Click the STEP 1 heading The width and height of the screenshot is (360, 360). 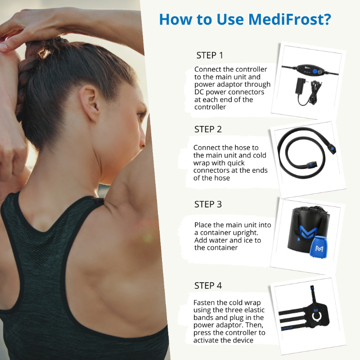point(210,55)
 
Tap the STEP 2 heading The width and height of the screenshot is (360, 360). point(208,129)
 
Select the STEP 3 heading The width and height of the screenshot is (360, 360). point(208,204)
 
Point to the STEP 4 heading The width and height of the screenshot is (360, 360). point(208,285)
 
